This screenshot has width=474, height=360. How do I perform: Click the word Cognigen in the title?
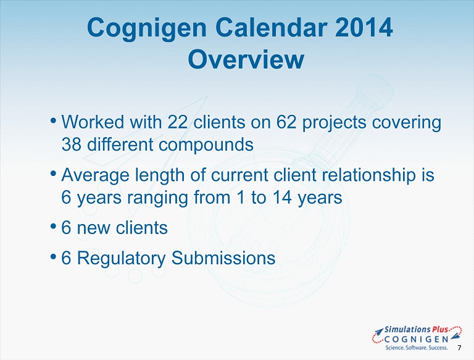[x=147, y=28]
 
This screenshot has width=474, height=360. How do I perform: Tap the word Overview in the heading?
[x=246, y=59]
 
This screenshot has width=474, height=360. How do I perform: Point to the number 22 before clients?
[x=177, y=122]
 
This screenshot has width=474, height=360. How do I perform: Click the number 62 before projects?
[x=286, y=122]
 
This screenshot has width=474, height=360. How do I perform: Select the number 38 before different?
[x=72, y=144]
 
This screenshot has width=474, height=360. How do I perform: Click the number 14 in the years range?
[x=282, y=197]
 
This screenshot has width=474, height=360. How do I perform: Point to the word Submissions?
[x=223, y=258]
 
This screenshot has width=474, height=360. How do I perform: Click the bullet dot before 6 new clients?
[x=53, y=226]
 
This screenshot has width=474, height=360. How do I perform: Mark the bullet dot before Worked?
[x=53, y=120]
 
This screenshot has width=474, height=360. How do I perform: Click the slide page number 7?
[x=459, y=348]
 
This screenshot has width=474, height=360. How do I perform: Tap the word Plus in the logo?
[x=440, y=330]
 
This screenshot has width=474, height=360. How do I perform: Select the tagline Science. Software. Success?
[x=416, y=348]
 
